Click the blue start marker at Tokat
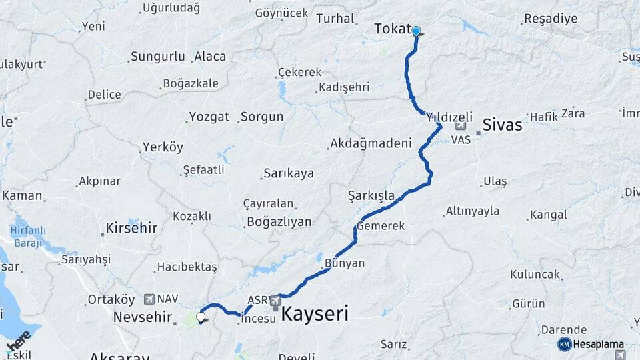coord(416,31)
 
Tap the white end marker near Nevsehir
coord(201,317)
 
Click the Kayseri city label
coord(315,314)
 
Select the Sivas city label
coord(502,123)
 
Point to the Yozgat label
coord(209,117)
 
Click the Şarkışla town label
coord(371,195)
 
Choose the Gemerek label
coord(381,226)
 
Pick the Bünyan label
coord(345,263)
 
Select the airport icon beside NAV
coord(148,299)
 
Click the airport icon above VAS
coord(460,126)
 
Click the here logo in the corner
coord(18,342)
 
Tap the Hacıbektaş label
coord(187,267)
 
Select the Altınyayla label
coord(473,211)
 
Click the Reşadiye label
coord(551,19)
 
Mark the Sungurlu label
coord(157,57)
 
